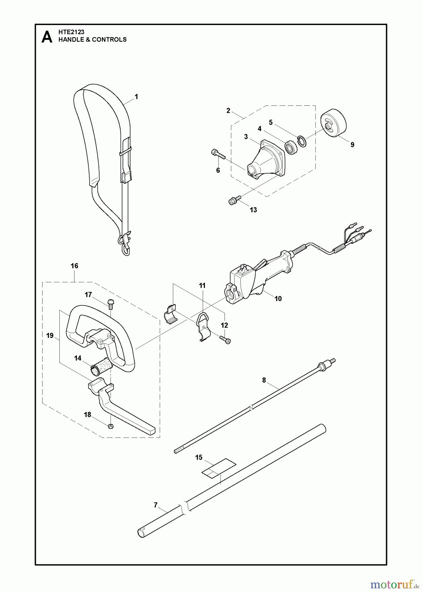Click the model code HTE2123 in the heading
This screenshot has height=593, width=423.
point(71,32)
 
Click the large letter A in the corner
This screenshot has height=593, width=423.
point(47,37)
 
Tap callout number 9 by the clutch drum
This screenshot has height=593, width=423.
point(352,145)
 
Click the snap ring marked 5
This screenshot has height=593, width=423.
point(301,141)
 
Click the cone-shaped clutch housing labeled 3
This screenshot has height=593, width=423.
point(266,161)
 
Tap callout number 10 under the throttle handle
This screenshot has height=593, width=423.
point(278,298)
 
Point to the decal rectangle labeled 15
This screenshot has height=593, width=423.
point(219,468)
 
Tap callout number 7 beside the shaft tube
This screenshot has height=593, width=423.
point(155,505)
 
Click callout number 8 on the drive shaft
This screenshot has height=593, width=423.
point(264,380)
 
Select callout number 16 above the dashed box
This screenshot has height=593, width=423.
point(74,266)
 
